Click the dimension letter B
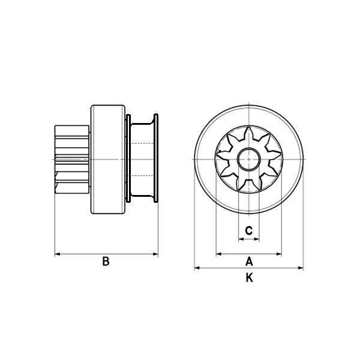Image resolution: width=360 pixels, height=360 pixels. click(x=106, y=261)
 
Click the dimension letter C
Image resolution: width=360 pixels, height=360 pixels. click(x=249, y=230)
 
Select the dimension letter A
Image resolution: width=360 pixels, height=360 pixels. click(x=249, y=261)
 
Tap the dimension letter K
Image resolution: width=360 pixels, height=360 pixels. click(x=250, y=278)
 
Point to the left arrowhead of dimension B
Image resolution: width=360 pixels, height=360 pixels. click(x=58, y=254)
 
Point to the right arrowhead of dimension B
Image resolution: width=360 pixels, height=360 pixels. click(x=155, y=254)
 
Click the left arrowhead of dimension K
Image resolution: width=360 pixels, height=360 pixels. click(x=197, y=268)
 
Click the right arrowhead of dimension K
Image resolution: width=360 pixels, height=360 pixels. click(x=301, y=268)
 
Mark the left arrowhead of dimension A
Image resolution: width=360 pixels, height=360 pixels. click(x=218, y=254)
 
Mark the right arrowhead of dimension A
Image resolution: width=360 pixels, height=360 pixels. click(x=279, y=254)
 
